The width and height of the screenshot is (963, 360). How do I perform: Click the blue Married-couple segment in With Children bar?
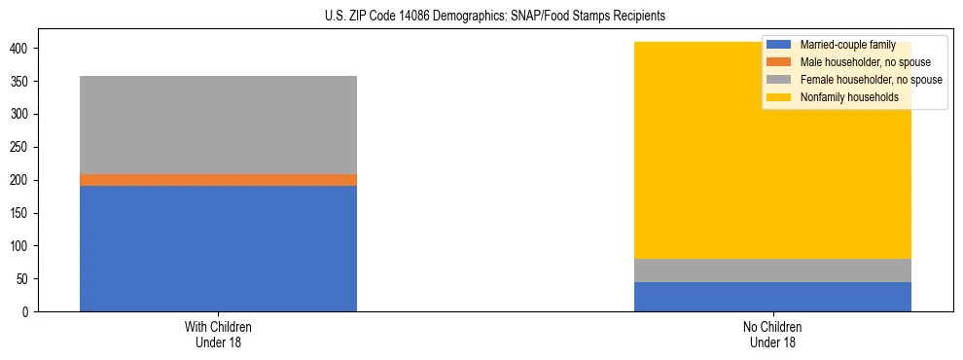[218, 248]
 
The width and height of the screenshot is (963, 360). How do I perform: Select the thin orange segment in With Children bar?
[218, 180]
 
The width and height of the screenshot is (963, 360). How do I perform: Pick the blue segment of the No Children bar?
[772, 297]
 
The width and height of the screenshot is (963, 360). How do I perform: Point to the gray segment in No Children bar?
[772, 270]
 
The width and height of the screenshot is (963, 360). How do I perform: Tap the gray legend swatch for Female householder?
[779, 80]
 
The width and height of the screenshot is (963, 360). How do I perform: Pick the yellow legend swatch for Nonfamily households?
[779, 97]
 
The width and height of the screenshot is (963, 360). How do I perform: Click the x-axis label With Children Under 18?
[218, 334]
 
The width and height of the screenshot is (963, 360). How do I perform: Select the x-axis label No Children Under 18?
[772, 334]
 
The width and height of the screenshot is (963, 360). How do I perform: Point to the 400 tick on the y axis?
[26, 49]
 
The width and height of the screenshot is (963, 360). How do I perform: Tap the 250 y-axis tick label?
[26, 148]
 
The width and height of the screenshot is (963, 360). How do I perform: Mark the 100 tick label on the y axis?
[26, 246]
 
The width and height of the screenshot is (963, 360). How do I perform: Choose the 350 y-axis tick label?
[26, 82]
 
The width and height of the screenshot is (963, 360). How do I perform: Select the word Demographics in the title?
[462, 17]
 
